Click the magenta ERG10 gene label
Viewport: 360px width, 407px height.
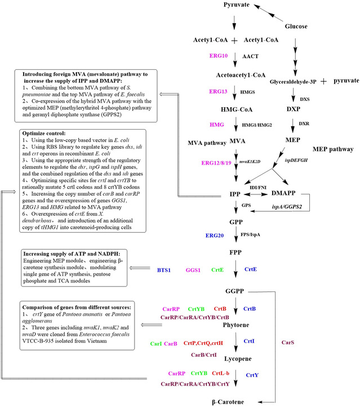tap(219, 57)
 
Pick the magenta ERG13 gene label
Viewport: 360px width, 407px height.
tap(219, 91)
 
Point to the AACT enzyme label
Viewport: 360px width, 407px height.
tap(250, 57)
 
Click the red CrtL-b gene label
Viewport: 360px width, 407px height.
tap(221, 373)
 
